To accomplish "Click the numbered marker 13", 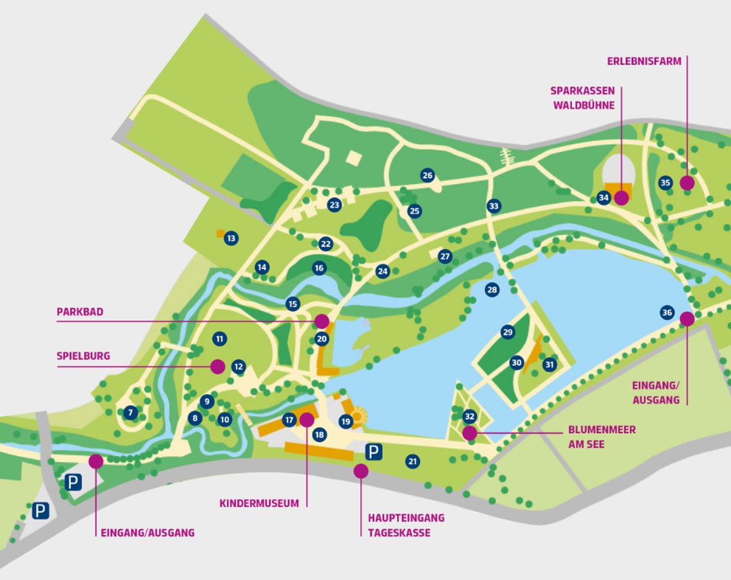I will coord(231,238).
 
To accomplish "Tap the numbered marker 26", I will coord(427,175).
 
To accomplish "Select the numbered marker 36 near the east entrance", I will coord(667,312).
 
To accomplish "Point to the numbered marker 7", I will coord(129,412).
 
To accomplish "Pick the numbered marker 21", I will coord(413,461).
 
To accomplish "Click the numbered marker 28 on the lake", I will coord(492,289).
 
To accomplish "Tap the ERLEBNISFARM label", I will coord(644,61).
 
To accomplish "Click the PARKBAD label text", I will coord(80,312).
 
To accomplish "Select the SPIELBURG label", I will coord(83,356).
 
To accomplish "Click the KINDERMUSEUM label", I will coord(259,504).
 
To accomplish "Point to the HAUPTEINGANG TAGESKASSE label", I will coord(406,525).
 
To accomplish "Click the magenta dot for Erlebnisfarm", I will coord(686,183).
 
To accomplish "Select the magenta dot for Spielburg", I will coord(217,366).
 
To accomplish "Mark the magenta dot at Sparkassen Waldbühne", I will coord(621,198).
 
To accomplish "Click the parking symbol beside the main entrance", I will coord(373,452).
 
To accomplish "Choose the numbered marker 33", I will coord(493,206).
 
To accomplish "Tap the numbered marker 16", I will coord(319,268).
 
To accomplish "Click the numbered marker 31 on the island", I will coord(549,365).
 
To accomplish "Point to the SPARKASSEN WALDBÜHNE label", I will coord(582,98).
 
